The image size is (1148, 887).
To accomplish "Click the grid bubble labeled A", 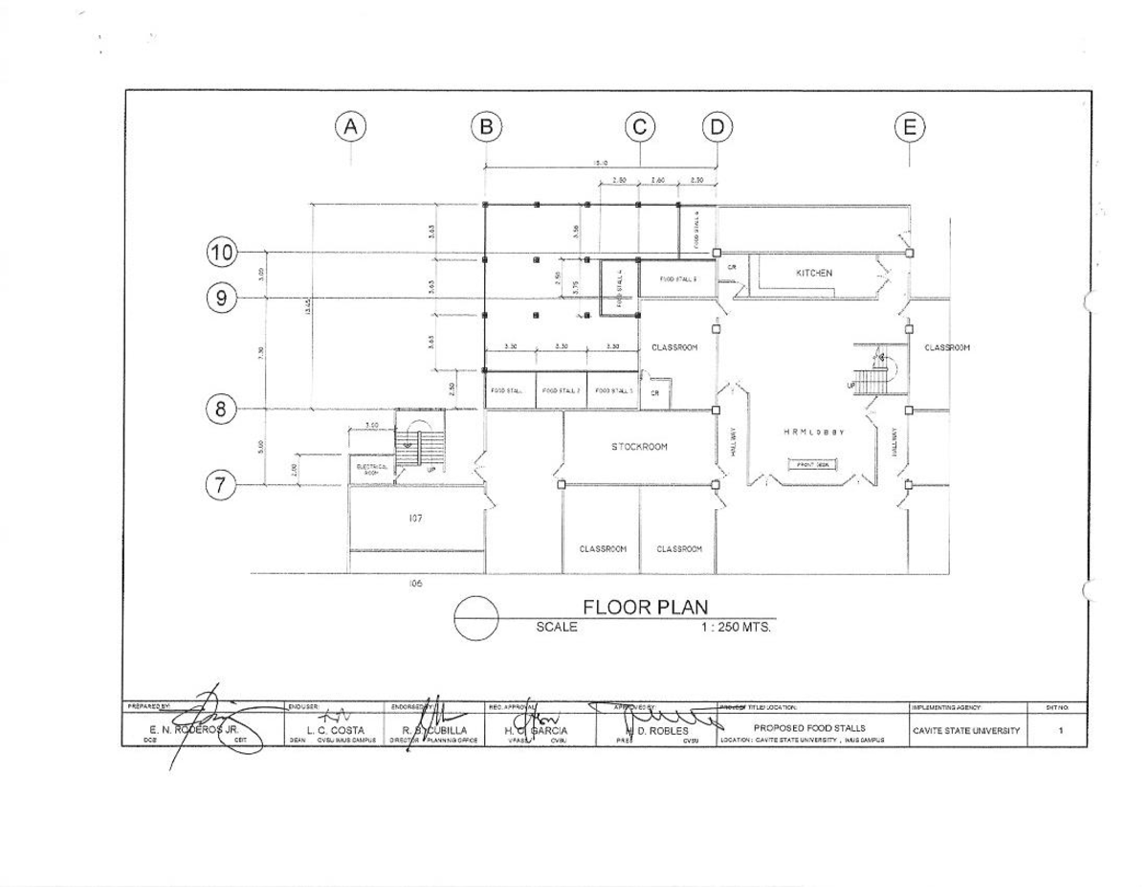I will (351, 126).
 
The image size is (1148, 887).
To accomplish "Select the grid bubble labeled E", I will (909, 126).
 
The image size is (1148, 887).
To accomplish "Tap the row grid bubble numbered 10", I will (222, 253).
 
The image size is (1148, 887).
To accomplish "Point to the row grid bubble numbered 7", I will (222, 485).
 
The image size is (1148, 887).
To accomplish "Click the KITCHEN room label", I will (813, 273).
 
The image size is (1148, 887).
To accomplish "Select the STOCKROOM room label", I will (639, 447).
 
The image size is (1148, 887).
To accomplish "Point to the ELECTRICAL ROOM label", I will (369, 469).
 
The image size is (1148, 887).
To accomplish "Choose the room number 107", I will (415, 518).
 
